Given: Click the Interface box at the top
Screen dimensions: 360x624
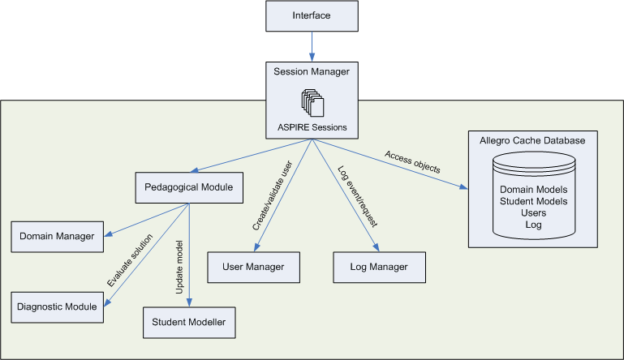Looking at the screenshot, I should coord(312,16).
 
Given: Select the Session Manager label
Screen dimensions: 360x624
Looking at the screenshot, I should coord(312,72).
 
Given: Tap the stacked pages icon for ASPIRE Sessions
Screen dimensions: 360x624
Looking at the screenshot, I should coord(312,101).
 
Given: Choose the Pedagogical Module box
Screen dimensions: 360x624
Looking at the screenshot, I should coord(189,187).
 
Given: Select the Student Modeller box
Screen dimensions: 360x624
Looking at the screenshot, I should coord(189,323).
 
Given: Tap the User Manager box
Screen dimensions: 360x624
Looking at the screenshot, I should coord(255,267).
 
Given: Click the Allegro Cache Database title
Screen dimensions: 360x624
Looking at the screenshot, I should coord(532,140).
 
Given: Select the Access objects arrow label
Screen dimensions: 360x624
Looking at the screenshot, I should coord(412,162).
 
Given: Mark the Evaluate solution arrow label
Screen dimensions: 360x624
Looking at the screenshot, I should coord(127,260).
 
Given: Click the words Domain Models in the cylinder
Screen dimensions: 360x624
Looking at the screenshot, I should coord(532,189).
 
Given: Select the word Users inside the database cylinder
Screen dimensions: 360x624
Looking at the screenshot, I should coord(532,212).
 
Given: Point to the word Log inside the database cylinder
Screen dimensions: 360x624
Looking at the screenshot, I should coord(532,225).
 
